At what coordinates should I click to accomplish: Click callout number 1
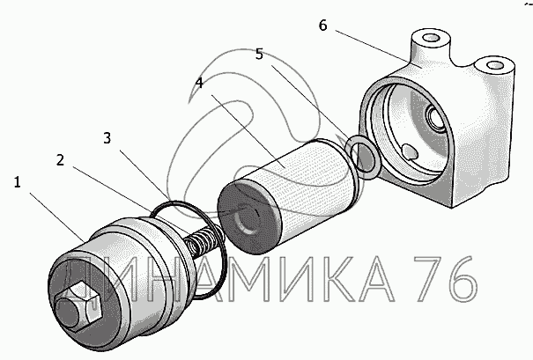click(x=18, y=183)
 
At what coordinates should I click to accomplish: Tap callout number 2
click(x=60, y=160)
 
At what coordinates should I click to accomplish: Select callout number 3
click(x=107, y=138)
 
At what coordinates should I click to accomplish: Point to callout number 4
click(x=199, y=83)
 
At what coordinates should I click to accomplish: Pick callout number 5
click(x=259, y=54)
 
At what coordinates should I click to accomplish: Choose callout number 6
click(x=323, y=26)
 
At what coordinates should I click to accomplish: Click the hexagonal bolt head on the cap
click(x=79, y=306)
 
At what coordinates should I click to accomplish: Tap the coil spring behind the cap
click(x=204, y=240)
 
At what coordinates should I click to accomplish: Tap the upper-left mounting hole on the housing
click(x=432, y=37)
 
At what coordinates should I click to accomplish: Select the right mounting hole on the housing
click(x=494, y=65)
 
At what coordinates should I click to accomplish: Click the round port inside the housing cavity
click(x=435, y=117)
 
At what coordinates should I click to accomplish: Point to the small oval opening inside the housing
click(x=410, y=151)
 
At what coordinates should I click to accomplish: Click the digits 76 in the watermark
click(x=445, y=278)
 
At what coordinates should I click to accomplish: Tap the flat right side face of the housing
click(x=483, y=143)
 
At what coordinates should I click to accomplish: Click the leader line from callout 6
click(x=373, y=47)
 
